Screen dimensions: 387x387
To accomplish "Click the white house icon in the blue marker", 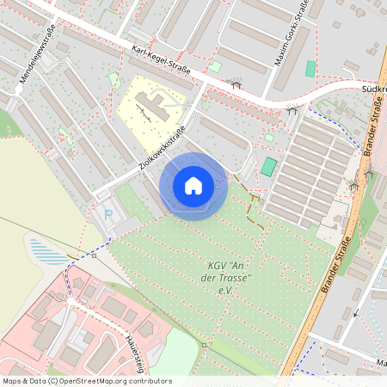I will pos(193,185).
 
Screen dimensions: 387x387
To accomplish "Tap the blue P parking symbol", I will pos(107,214).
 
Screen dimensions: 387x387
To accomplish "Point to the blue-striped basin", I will pos(49,251).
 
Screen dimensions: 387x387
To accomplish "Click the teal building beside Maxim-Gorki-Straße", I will pos(311,69).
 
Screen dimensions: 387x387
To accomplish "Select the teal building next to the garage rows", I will pos(270,166).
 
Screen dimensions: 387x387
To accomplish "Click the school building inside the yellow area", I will pos(153,107).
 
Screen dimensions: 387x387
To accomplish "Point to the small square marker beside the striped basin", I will pos(94,255).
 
